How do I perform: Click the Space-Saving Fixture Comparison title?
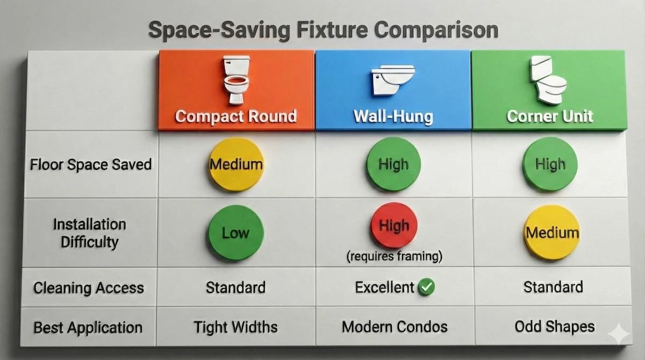322,30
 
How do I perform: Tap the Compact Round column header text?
236,116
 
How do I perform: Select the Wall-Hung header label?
393,116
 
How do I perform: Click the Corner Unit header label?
549,116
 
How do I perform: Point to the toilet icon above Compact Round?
236,80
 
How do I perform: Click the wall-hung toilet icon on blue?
392,80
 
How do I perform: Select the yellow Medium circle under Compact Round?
236,164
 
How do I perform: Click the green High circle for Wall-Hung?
393,164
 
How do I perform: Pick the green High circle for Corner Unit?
550,164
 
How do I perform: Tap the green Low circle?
236,233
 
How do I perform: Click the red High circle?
394,226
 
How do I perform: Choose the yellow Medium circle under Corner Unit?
552,233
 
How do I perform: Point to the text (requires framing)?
395,257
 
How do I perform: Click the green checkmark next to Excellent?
427,287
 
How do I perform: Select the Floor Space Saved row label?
90,164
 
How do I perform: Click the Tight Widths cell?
236,326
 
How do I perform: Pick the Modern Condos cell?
395,326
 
